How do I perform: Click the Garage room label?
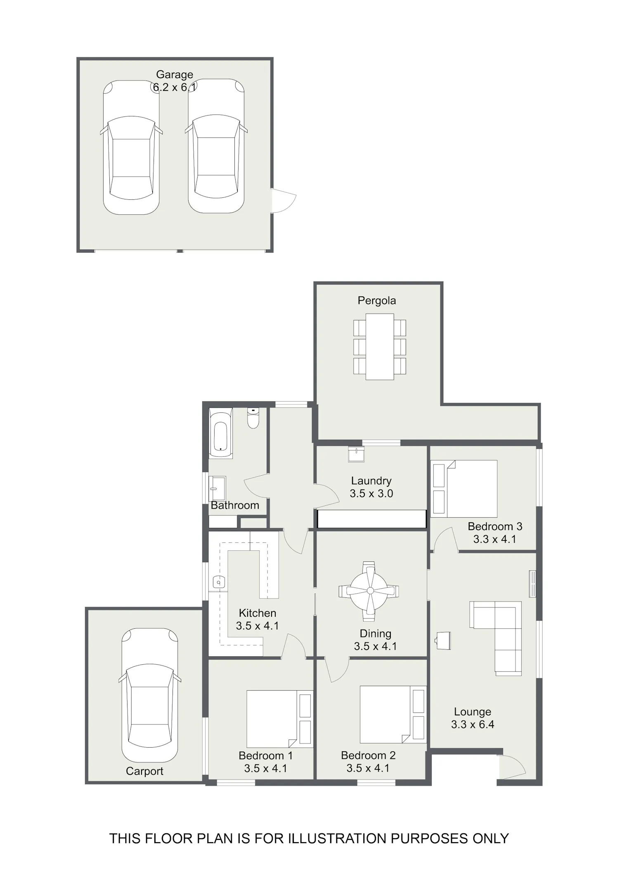175,75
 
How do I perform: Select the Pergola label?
377,301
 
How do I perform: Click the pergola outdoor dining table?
380,347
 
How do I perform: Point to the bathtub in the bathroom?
221,433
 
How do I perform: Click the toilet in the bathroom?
253,418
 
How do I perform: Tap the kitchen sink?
219,582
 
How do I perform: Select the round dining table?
369,591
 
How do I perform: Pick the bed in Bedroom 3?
464,489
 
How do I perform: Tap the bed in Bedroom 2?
393,715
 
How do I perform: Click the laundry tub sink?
356,455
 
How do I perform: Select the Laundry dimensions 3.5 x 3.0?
371,493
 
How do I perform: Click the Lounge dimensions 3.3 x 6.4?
473,724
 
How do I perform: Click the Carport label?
144,771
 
